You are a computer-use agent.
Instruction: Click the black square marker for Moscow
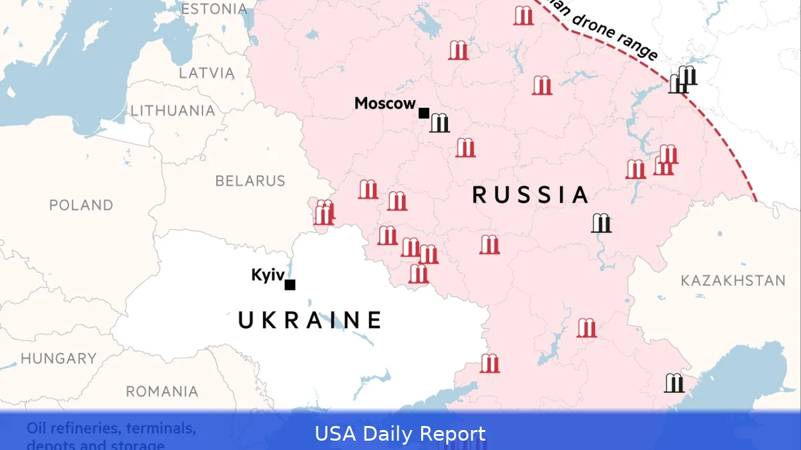coord(424,113)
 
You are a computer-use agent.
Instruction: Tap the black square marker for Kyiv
coord(290,285)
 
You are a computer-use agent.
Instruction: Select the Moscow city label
coord(385,103)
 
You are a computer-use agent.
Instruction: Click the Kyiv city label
coord(268,275)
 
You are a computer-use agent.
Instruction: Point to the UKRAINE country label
coord(310,320)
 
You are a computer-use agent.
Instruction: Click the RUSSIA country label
coord(531,195)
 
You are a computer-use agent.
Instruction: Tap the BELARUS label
coord(250,181)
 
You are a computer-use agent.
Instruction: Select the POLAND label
coord(81,205)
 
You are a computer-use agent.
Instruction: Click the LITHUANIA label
coord(173,111)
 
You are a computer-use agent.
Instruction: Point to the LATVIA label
coord(206,73)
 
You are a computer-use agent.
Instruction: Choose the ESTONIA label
coord(214,9)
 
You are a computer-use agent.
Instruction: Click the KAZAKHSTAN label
coord(733,281)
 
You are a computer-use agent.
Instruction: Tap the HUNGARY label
coord(59,359)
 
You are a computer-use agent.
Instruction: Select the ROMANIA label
coord(162,391)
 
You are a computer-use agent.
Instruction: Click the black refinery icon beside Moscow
coord(439,123)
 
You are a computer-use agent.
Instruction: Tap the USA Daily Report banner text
coord(400,434)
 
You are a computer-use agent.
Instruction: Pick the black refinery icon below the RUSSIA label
coord(601,223)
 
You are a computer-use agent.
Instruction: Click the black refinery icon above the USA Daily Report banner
coord(674,383)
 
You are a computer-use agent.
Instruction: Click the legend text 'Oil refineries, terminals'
coord(111,428)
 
